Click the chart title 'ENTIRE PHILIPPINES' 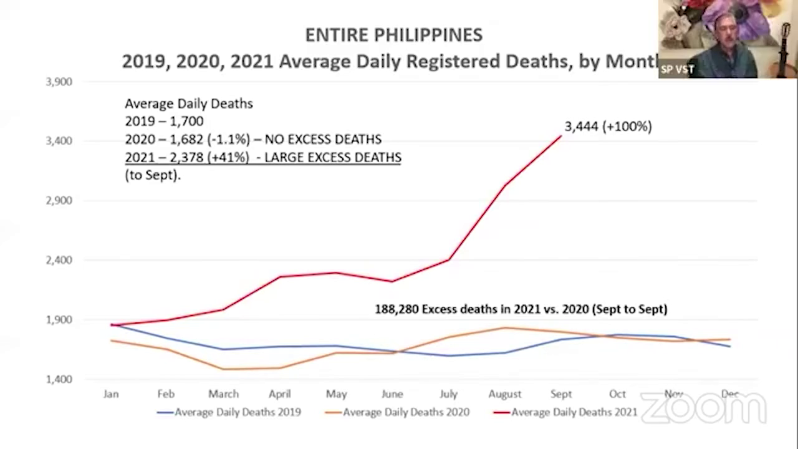tap(393, 35)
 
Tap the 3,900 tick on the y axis tap(59, 82)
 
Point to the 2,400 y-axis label tap(59, 260)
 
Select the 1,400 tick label tap(59, 379)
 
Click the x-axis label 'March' tap(223, 394)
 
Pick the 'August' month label tap(504, 394)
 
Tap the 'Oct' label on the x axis tap(617, 394)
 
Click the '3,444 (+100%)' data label tap(608, 127)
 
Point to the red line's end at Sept tap(561, 136)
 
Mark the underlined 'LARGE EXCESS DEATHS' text tap(332, 157)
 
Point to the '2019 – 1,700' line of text tap(164, 121)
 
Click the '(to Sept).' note tap(153, 175)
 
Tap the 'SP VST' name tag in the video tap(677, 69)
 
